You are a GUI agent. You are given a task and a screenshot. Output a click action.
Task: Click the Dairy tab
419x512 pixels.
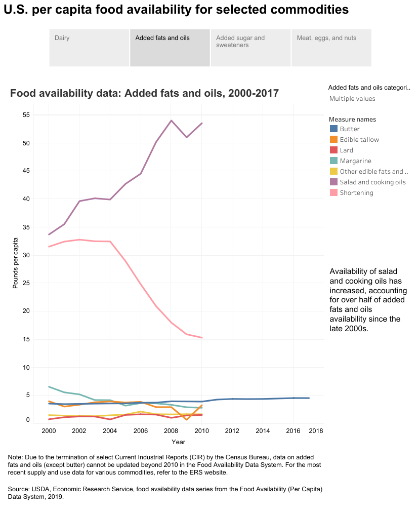(x=89, y=48)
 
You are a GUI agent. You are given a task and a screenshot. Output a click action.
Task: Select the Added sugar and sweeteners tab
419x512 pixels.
(x=250, y=48)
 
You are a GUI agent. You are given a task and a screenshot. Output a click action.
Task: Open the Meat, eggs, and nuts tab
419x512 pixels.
(x=331, y=48)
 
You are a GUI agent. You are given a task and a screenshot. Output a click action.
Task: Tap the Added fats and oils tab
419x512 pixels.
(x=170, y=48)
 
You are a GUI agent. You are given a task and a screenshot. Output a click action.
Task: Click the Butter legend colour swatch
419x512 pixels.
(x=333, y=129)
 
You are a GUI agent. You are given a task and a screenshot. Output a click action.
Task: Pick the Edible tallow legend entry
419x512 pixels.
(x=359, y=140)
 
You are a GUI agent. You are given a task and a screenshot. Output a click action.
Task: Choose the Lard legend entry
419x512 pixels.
(x=347, y=150)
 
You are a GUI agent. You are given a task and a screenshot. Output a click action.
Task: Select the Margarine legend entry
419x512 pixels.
(x=356, y=161)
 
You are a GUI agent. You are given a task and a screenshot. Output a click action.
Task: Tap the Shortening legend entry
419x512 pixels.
(x=356, y=193)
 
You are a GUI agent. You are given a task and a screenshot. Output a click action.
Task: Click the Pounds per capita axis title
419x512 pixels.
(x=15, y=263)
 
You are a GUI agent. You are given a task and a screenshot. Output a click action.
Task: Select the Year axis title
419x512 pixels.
(x=178, y=442)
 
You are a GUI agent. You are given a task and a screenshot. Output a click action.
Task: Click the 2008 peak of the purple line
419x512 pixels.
(x=171, y=121)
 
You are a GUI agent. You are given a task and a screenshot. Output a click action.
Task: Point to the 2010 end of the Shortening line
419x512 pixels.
(x=202, y=337)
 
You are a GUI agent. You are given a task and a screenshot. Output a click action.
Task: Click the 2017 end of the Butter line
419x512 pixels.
(x=309, y=398)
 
